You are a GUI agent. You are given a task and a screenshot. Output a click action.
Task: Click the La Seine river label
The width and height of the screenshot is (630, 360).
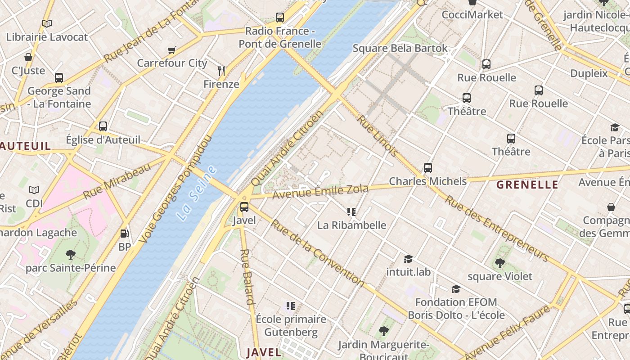(197, 193)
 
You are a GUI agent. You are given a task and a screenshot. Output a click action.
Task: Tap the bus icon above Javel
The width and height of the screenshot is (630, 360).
(244, 207)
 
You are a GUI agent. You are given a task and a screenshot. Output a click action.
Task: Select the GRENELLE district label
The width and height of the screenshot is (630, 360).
(527, 184)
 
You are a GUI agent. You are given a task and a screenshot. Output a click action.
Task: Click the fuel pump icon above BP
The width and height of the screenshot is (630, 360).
(124, 234)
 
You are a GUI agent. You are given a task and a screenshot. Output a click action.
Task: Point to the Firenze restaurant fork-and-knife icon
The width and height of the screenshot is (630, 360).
(221, 71)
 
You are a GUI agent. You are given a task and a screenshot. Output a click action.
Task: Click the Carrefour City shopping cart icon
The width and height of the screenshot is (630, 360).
(171, 50)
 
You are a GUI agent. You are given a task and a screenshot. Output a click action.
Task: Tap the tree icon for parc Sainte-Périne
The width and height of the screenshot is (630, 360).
(71, 255)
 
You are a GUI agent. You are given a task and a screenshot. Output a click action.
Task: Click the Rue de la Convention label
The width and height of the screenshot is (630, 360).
(317, 252)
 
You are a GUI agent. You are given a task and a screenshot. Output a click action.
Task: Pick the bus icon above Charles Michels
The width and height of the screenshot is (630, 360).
(428, 168)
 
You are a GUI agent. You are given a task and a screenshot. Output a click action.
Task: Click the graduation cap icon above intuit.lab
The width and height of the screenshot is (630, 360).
(408, 259)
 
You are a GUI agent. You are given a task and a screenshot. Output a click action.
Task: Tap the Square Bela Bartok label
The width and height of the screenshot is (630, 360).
(400, 48)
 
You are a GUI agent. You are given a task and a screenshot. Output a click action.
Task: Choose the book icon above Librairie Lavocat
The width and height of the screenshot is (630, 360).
(47, 23)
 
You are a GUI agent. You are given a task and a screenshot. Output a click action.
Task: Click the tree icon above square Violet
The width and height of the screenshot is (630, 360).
(499, 263)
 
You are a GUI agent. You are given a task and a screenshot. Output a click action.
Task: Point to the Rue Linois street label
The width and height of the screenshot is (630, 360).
(378, 135)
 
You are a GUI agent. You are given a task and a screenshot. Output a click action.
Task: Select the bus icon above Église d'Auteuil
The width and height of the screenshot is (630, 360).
(103, 126)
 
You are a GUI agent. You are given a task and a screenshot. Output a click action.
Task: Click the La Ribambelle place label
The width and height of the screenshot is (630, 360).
(351, 225)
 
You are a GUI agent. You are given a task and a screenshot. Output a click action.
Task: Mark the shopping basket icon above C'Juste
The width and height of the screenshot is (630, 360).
(28, 57)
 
